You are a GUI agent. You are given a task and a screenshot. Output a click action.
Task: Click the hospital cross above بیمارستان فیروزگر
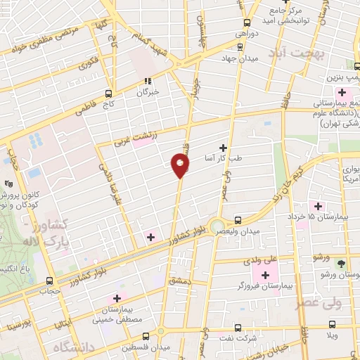click(x=266, y=274)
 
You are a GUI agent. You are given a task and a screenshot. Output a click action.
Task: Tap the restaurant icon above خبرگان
click(x=147, y=81)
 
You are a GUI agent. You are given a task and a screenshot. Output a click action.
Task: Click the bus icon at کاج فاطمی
click(x=108, y=93)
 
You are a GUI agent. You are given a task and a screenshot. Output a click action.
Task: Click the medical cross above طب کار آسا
click(x=224, y=147)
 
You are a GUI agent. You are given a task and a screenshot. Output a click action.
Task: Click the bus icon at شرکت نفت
click(x=237, y=327)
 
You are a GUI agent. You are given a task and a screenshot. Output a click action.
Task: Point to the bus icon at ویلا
click(x=333, y=326)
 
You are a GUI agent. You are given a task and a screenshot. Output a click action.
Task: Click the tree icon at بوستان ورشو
click(x=341, y=264)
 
